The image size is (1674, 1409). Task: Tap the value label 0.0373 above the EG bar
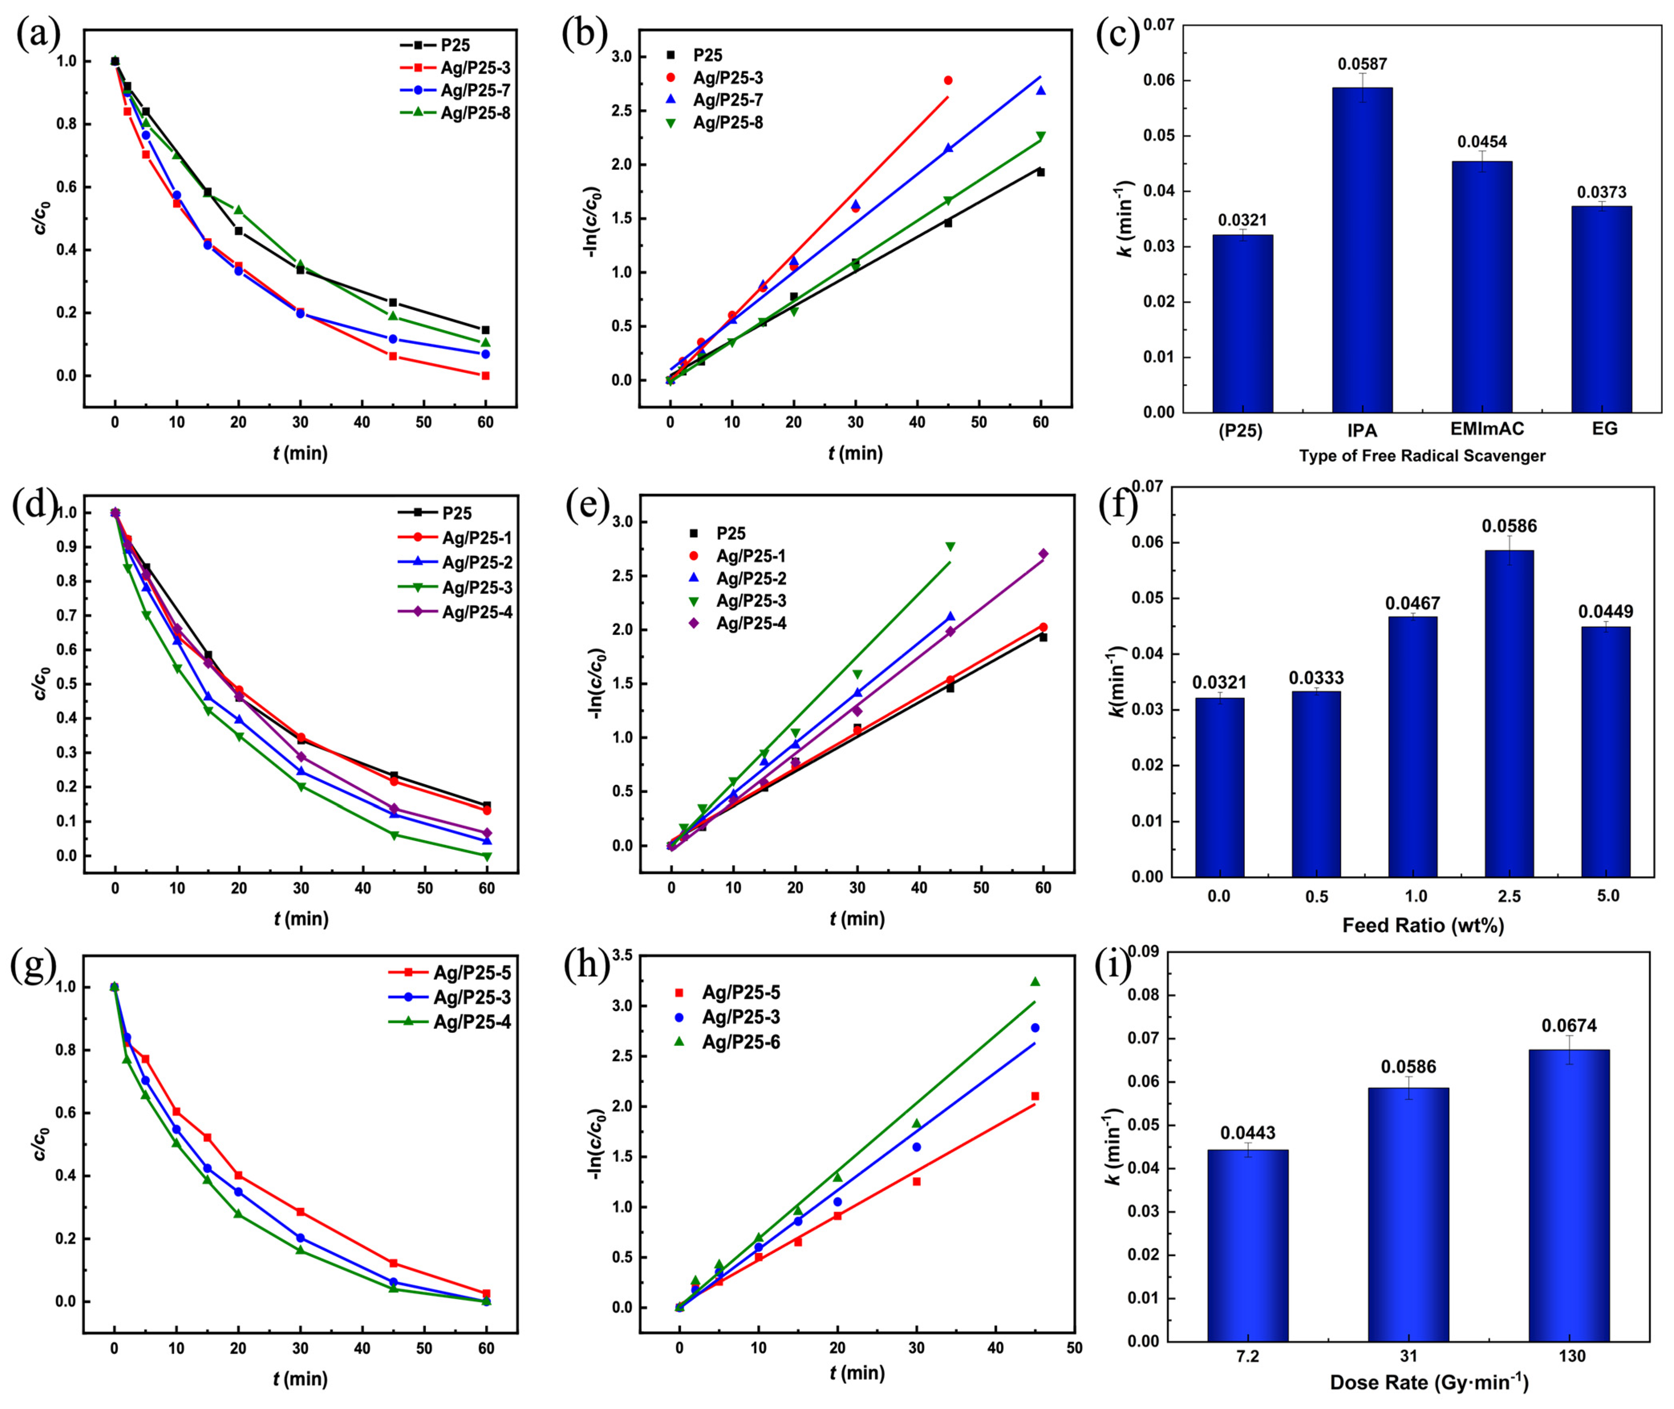(1601, 193)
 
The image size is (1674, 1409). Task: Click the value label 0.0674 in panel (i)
(1569, 1026)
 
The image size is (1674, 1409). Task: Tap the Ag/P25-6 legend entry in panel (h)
(740, 1042)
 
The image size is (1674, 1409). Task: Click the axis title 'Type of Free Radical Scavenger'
(1422, 456)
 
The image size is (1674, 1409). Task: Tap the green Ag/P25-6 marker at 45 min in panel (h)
(1035, 982)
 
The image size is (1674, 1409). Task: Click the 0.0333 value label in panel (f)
(1316, 678)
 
